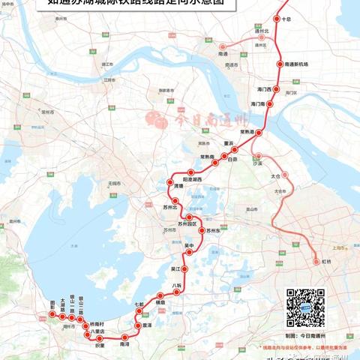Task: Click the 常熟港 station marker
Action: (x=259, y=132)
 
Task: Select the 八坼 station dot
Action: (x=177, y=292)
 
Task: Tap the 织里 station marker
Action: (x=99, y=339)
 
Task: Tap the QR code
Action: (x=305, y=307)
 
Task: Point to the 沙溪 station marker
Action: (x=257, y=155)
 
